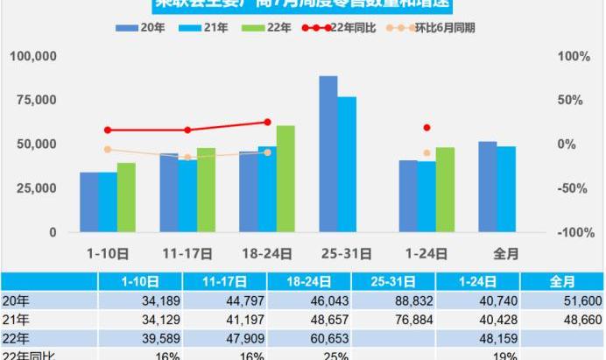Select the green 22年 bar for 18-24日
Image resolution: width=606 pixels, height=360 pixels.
tap(285, 179)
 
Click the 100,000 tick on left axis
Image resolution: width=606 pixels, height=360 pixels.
tap(33, 56)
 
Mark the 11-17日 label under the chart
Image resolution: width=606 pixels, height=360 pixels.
tap(187, 254)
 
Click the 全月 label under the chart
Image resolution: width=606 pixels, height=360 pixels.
tap(505, 254)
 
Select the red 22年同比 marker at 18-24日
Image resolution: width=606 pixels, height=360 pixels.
tap(267, 123)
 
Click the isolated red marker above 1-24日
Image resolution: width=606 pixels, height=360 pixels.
tap(427, 128)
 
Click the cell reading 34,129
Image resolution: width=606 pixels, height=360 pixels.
tap(157, 318)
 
